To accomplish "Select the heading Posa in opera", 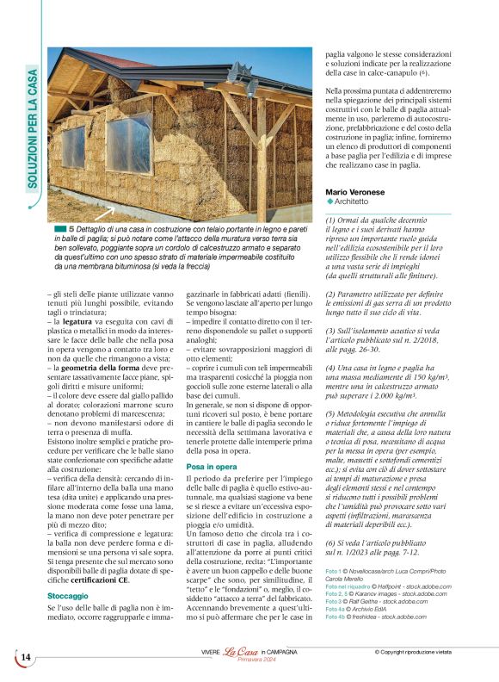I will pos(212,466).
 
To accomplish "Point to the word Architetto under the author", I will pos(364,201).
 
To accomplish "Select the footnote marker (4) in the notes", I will pos(332,369).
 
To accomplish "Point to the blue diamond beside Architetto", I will pos(330,201).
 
